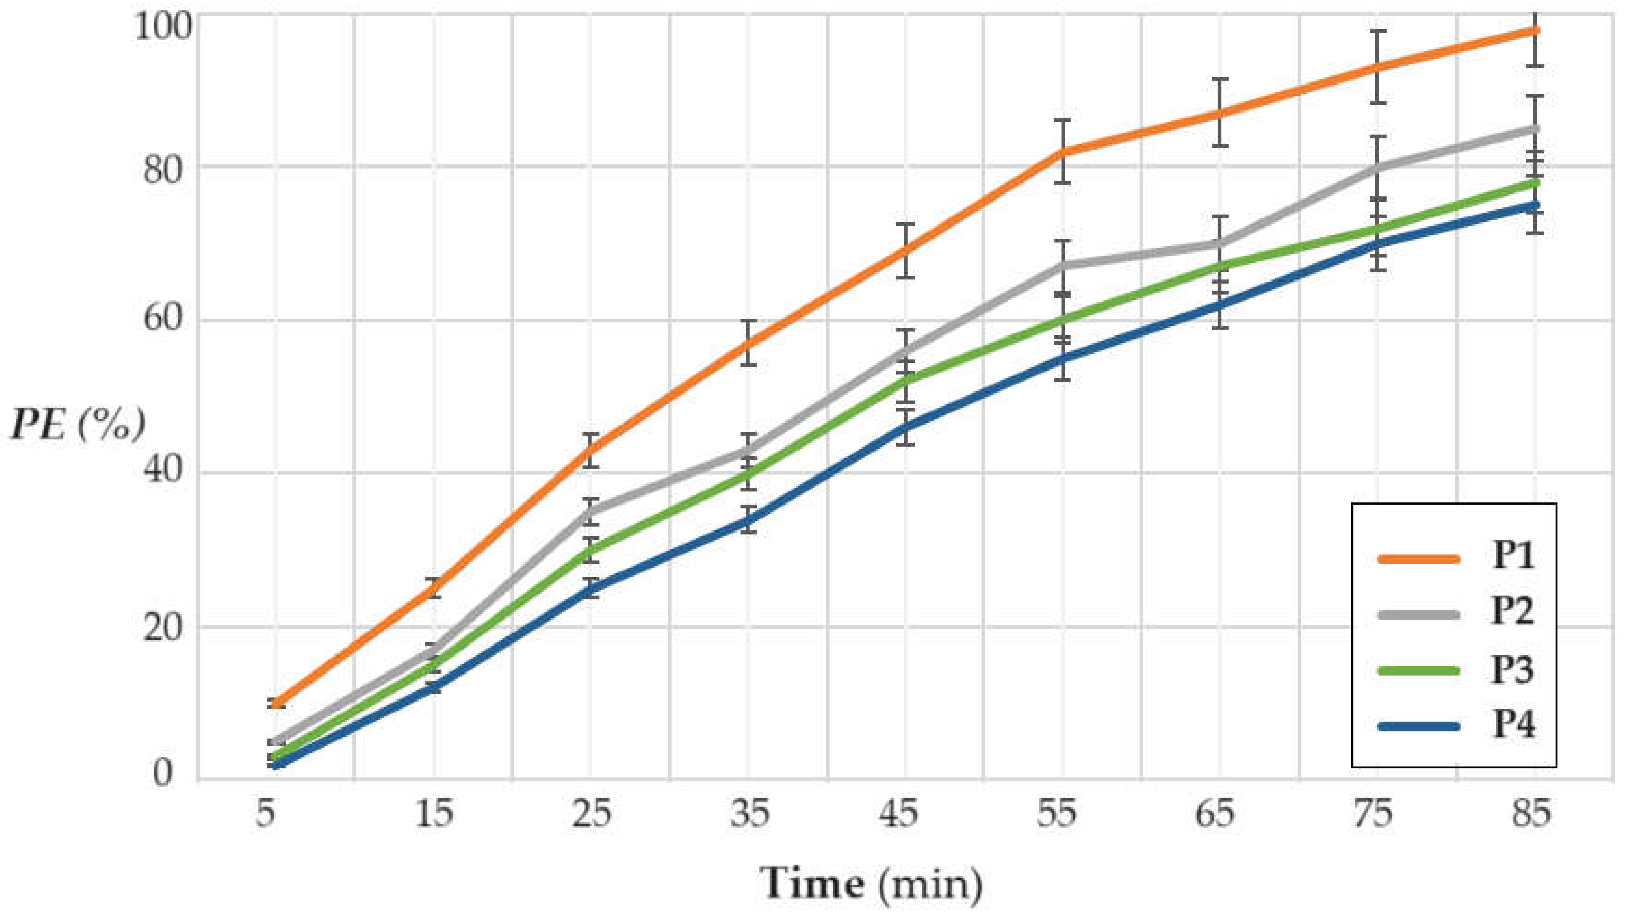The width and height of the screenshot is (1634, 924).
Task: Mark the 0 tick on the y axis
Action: tap(161, 774)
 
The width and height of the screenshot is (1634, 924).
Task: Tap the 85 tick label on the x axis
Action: tap(1531, 814)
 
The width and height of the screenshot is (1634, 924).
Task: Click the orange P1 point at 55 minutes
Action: tap(1062, 152)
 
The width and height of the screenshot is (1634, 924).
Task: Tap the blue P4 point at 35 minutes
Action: tap(749, 520)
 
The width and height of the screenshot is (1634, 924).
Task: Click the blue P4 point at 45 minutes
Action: tap(906, 427)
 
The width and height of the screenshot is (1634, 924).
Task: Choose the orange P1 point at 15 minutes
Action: tap(435, 587)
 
